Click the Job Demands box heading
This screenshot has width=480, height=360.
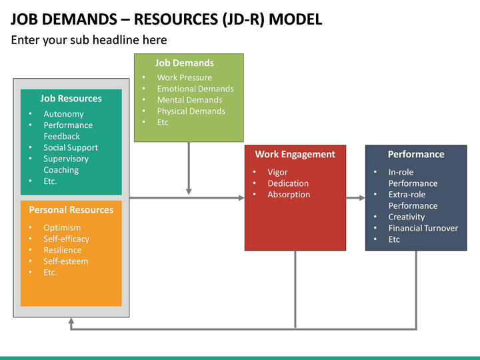click(185, 63)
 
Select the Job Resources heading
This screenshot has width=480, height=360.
click(71, 99)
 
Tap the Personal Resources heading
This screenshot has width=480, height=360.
click(71, 210)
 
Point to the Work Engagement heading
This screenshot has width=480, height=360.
click(295, 155)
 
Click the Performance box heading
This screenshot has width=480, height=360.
click(416, 155)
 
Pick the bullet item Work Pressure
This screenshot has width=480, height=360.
click(184, 77)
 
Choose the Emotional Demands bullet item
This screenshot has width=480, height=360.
click(195, 89)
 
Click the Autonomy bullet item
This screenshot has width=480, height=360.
click(63, 114)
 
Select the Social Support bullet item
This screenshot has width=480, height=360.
click(71, 148)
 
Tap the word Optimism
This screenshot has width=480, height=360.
click(62, 228)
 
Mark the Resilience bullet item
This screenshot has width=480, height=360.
click(63, 250)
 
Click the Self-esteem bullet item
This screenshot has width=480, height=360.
click(66, 261)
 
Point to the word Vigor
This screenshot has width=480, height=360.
click(277, 172)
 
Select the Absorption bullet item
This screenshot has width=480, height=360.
click(289, 195)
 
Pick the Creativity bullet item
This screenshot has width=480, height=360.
click(407, 217)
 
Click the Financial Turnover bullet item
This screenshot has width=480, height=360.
click(423, 228)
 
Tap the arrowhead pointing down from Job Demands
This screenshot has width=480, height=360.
click(189, 191)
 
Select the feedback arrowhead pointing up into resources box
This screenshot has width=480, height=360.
click(71, 321)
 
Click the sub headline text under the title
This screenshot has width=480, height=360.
click(89, 40)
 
